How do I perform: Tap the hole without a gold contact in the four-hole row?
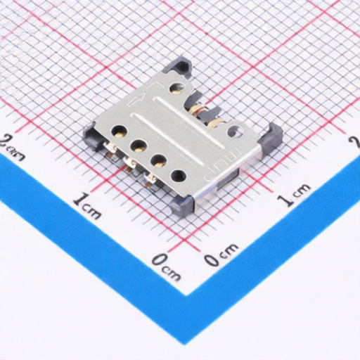coord(179,175)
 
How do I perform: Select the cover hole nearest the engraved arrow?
coord(176,89)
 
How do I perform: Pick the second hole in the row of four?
coord(139,146)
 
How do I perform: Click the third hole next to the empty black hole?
coord(158,161)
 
